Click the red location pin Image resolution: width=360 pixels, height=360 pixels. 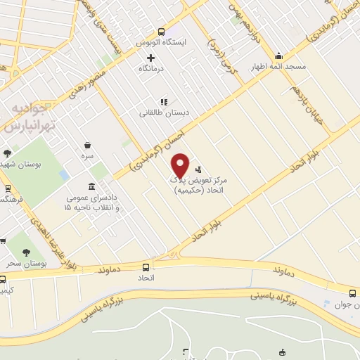(181, 165)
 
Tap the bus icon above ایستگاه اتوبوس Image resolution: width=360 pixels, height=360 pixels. (162, 32)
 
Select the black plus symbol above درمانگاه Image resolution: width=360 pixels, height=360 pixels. (150, 57)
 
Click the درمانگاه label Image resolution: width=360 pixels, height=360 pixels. (150, 68)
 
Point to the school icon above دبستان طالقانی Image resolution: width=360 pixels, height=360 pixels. (164, 101)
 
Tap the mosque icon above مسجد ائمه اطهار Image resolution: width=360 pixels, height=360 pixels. (279, 56)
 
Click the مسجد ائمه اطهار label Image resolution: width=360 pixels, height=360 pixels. (279, 67)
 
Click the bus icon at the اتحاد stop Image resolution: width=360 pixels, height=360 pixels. (146, 267)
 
